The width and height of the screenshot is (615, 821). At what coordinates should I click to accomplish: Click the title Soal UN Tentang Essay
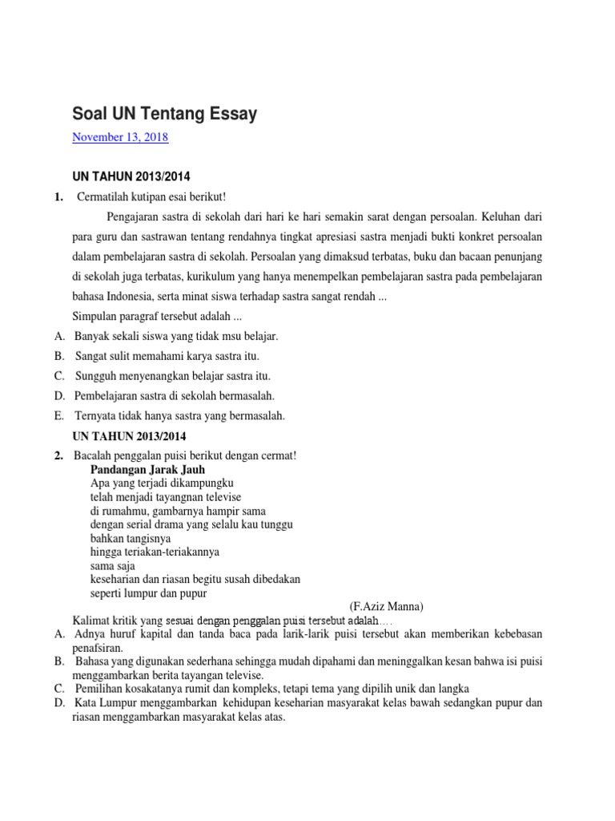pos(164,114)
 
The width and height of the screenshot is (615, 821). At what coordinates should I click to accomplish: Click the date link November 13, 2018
pos(120,137)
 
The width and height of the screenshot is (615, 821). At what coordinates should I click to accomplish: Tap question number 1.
pos(59,197)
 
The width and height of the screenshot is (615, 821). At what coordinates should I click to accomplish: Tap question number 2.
pos(59,455)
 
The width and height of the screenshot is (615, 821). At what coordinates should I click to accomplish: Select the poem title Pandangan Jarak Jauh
pos(147,469)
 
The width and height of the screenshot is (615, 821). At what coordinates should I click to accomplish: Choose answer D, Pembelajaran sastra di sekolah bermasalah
pos(174,396)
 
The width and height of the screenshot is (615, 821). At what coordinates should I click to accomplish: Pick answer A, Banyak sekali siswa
pos(175,336)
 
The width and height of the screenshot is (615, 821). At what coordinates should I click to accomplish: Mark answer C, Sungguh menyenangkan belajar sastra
pos(173,376)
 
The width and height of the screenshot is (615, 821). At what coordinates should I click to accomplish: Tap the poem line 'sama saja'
pos(115,565)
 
